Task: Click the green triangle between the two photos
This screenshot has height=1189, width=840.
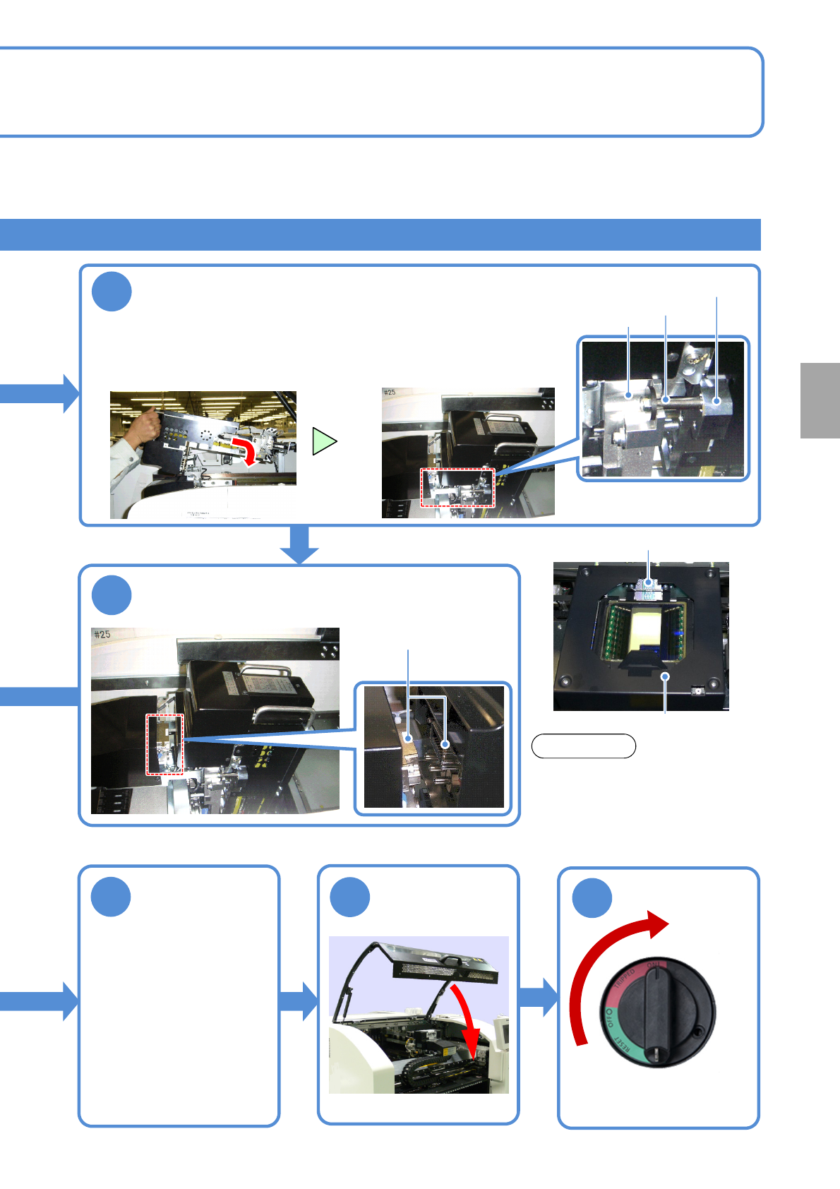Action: (323, 441)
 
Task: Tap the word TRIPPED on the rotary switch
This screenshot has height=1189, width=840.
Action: (625, 979)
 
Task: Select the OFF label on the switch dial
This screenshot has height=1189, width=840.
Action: (608, 1017)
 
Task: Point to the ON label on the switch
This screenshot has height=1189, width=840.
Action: (654, 965)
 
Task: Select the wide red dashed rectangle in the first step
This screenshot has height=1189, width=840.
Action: (457, 487)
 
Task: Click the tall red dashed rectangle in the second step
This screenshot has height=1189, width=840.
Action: (164, 744)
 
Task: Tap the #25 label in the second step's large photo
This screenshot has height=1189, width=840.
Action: (102, 635)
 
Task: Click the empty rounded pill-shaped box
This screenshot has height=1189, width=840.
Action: (583, 746)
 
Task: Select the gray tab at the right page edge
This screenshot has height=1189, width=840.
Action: (820, 400)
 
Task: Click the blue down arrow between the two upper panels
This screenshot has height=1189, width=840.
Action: (300, 544)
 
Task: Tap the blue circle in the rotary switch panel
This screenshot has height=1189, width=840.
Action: (592, 898)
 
